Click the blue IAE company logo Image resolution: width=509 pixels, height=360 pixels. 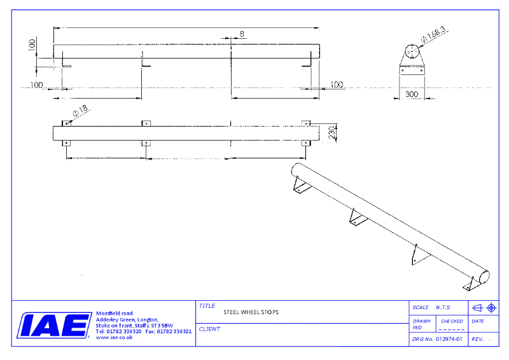[x=53, y=325]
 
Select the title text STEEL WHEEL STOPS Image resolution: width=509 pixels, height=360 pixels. [x=251, y=312]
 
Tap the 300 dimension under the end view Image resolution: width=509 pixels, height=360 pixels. [x=412, y=94]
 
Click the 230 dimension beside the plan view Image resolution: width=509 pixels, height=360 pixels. [x=331, y=134]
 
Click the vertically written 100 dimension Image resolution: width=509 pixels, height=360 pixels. [x=32, y=45]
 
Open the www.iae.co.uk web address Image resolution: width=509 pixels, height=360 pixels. [x=114, y=338]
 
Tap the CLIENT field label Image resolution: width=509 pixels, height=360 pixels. [x=209, y=329]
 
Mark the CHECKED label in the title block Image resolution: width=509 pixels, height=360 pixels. [x=452, y=321]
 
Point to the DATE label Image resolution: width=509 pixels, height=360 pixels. [x=478, y=321]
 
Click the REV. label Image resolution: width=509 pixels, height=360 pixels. [x=477, y=340]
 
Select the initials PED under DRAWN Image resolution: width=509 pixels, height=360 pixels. [x=417, y=328]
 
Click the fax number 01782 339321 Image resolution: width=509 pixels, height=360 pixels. [x=174, y=331]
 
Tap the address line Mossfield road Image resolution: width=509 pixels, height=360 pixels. [x=114, y=314]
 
